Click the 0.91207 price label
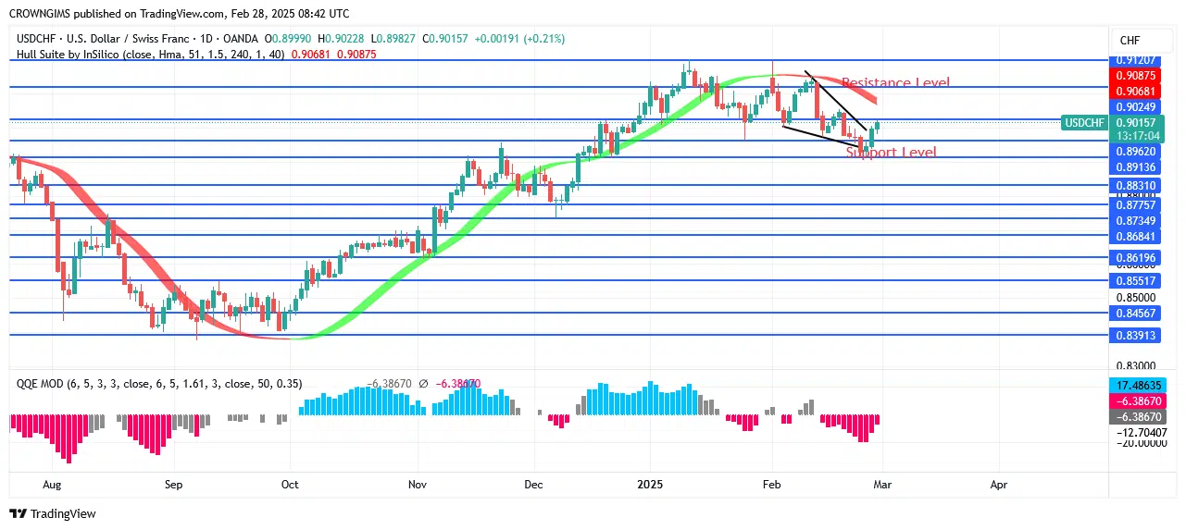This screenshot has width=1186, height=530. coord(1134,60)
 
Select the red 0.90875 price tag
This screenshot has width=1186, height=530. coord(1134,75)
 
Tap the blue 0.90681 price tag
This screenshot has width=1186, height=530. coord(1134,91)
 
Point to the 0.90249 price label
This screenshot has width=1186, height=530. coord(1134,107)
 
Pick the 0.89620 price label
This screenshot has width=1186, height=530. coord(1134,151)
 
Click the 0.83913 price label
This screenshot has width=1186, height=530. coord(1134,336)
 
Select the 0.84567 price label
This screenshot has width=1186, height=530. coord(1134,313)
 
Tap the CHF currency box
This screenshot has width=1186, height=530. coord(1130,41)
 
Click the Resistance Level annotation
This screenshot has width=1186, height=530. coord(895,83)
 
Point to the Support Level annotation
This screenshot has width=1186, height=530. coord(891,153)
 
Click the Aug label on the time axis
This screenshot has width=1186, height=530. coord(52,484)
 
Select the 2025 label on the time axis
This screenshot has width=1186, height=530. coord(650,484)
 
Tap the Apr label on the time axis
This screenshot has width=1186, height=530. coord(998,484)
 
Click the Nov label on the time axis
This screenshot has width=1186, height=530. coord(418,484)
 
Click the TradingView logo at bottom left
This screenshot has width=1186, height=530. coord(53,513)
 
